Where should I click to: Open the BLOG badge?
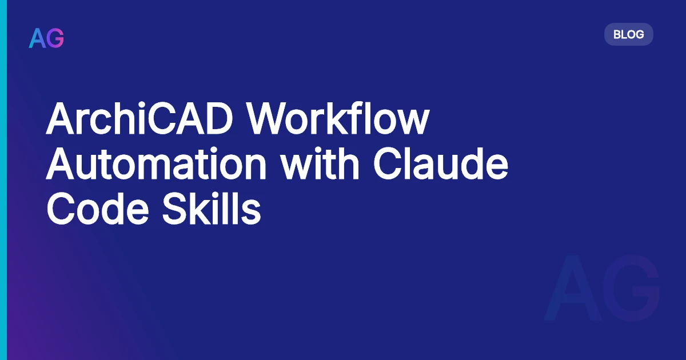coord(628,34)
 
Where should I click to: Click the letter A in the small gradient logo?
coord(37,38)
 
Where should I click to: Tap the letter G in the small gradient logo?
coord(55,38)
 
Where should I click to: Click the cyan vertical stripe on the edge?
coord(3,180)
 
